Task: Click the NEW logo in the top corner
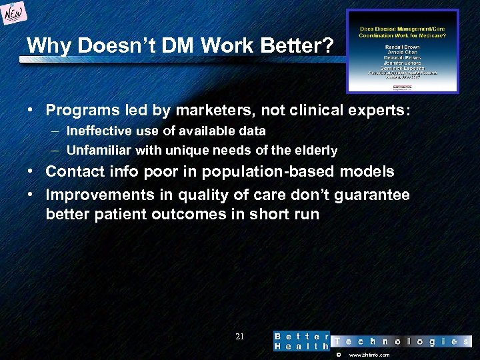[15, 13]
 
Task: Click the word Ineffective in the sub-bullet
[99, 131]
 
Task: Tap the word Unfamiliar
[99, 150]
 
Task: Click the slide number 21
[240, 337]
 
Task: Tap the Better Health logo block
[301, 341]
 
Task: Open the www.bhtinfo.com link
[369, 355]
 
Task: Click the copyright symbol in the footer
[338, 355]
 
